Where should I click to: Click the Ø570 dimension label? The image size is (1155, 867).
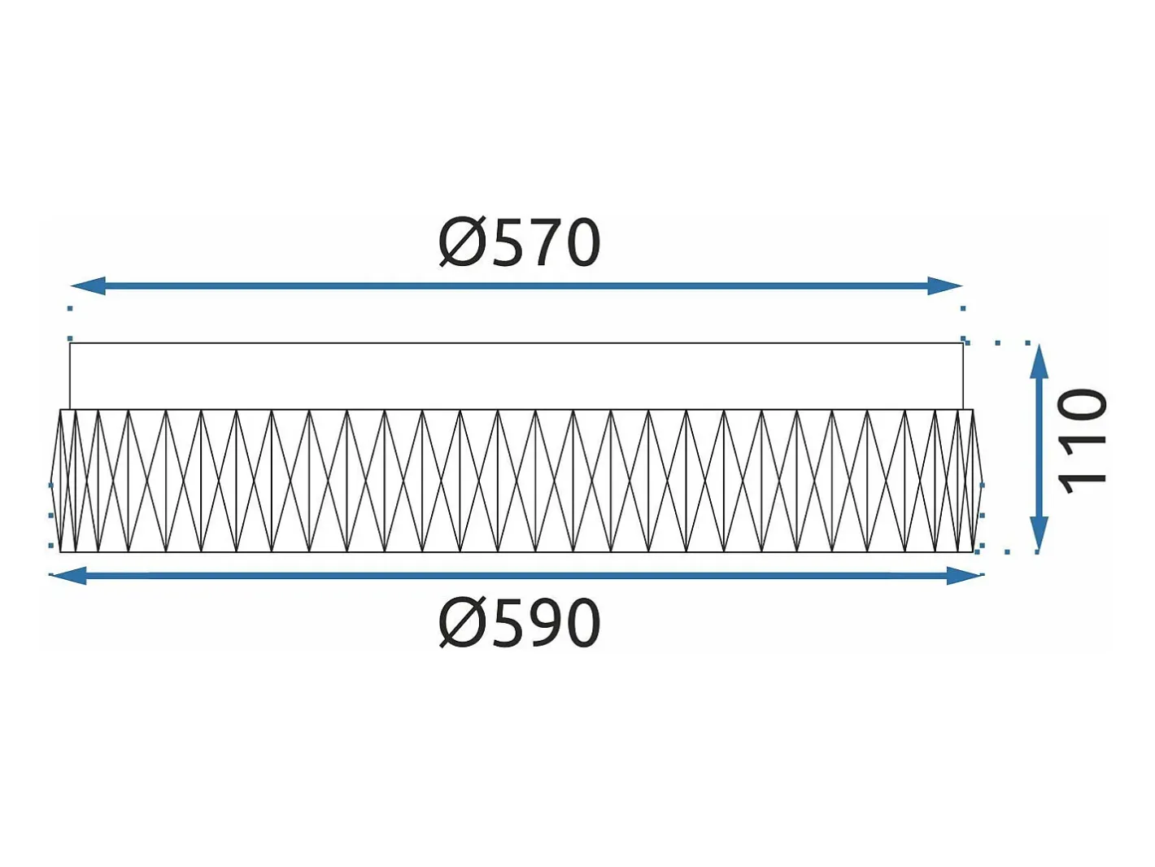[x=519, y=242]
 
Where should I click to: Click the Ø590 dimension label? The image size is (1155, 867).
[x=519, y=622]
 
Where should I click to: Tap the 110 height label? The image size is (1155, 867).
[x=1081, y=441]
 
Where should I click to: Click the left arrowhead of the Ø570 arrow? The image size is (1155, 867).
[x=89, y=285]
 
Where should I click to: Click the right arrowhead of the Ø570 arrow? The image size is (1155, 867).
[x=945, y=285]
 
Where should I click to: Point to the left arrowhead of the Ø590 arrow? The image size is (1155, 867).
[x=68, y=576]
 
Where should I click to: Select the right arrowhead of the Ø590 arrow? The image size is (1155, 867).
[x=965, y=576]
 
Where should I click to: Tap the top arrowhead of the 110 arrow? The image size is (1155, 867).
[x=1038, y=361]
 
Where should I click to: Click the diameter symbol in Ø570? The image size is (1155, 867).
[x=461, y=242]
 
